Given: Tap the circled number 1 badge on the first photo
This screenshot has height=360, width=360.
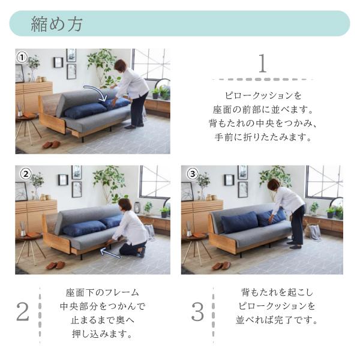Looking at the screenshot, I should [x=22, y=58].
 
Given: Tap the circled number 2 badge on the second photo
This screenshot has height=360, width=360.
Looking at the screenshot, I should [x=25, y=174].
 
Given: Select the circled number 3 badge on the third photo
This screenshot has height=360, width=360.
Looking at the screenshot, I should [x=192, y=174].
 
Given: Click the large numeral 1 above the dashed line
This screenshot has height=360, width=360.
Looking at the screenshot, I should [x=262, y=64].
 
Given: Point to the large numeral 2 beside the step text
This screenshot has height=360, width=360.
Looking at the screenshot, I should [x=22, y=311].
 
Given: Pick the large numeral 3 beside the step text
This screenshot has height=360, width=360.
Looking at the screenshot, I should [x=197, y=311].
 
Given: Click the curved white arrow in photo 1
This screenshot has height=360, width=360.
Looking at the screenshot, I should [x=96, y=92].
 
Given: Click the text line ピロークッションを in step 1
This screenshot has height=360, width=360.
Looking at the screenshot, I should [x=263, y=96].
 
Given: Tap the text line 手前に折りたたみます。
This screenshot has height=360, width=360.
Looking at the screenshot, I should [x=263, y=137].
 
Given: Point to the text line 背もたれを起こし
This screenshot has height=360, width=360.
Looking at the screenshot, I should [x=278, y=293].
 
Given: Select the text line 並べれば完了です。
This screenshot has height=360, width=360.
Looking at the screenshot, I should [x=278, y=320].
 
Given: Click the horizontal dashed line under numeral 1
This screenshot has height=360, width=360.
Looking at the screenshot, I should [x=263, y=79].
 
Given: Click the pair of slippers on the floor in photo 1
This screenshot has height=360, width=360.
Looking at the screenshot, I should [x=51, y=145].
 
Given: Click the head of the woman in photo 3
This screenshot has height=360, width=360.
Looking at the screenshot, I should [x=274, y=184].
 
